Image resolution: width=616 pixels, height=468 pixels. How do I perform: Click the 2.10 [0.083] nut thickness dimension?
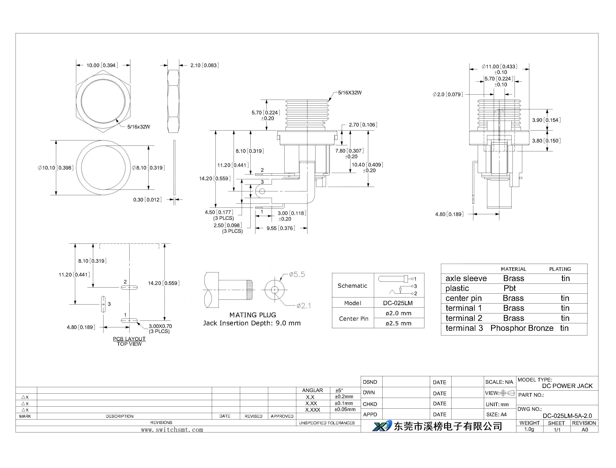[x=205, y=65]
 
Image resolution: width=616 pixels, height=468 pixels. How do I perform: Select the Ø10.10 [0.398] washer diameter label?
[x=56, y=168]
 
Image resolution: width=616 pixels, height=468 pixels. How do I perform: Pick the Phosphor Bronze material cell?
[x=522, y=328]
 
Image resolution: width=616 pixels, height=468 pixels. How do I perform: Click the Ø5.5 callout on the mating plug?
[x=297, y=274]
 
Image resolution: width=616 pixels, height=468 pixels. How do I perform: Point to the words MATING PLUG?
[x=253, y=315]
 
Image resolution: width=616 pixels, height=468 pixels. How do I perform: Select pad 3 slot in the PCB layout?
[x=103, y=304]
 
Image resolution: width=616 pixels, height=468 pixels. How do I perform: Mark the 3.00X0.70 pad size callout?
[x=160, y=326]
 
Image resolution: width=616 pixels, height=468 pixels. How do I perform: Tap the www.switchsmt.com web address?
[x=172, y=430]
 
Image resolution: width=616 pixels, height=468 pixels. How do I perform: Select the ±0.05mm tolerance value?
[x=345, y=409]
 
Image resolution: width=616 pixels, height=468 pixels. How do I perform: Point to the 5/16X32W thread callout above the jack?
[x=350, y=93]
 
